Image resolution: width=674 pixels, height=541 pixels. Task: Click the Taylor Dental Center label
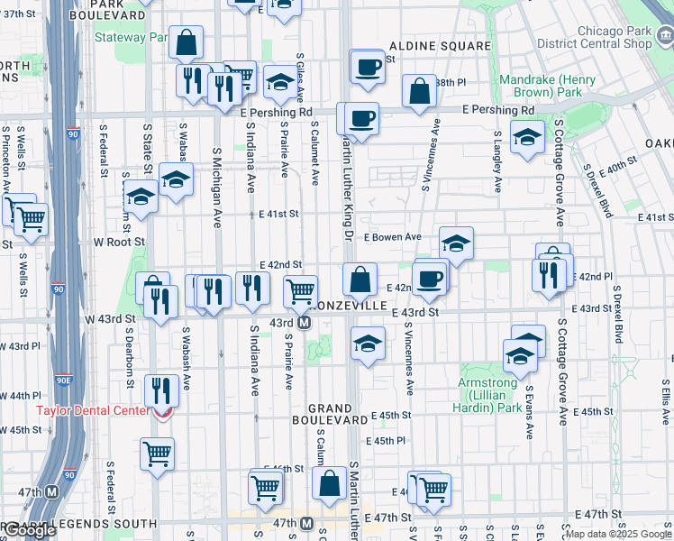pyautogui.click(x=92, y=410)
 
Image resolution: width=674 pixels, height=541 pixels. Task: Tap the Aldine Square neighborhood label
pyautogui.click(x=440, y=45)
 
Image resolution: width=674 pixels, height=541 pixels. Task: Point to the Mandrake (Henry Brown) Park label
pyautogui.click(x=547, y=86)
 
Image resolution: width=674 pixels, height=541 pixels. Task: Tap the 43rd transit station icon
pyautogui.click(x=305, y=323)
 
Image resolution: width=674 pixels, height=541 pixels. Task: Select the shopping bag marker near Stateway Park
pyautogui.click(x=186, y=42)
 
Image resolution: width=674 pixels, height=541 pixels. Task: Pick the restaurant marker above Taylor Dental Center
pyautogui.click(x=161, y=390)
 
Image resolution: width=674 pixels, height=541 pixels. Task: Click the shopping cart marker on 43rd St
pyautogui.click(x=300, y=291)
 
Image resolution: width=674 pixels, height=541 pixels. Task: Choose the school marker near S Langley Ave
pyautogui.click(x=527, y=137)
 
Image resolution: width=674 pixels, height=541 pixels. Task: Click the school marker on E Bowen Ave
pyautogui.click(x=456, y=243)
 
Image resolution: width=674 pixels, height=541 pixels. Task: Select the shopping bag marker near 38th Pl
pyautogui.click(x=419, y=91)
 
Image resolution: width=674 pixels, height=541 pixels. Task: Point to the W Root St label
pyautogui.click(x=119, y=243)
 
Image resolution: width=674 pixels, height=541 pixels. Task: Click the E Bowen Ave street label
pyautogui.click(x=393, y=237)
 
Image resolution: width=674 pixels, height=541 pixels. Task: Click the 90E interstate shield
pyautogui.click(x=64, y=381)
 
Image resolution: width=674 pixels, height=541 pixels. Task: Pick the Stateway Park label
pyautogui.click(x=132, y=38)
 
